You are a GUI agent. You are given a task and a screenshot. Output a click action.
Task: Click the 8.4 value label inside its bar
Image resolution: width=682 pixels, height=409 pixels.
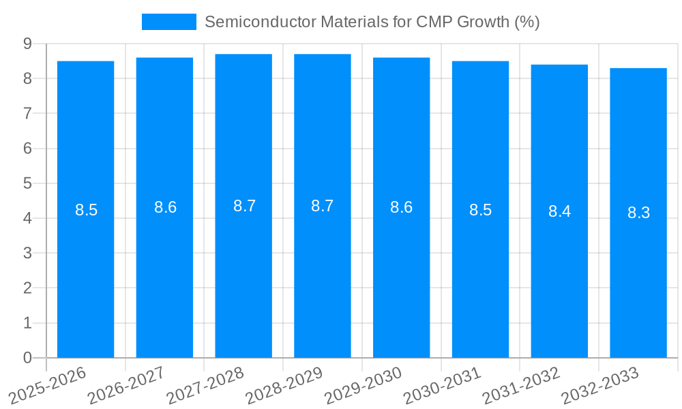point(559,211)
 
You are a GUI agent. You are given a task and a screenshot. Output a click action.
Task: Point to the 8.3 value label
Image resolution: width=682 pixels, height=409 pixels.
point(638,213)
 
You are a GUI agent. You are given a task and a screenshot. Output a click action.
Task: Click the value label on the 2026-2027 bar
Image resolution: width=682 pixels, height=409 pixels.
point(165,207)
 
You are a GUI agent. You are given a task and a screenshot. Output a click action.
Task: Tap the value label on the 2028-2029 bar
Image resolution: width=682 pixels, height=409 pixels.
point(322,206)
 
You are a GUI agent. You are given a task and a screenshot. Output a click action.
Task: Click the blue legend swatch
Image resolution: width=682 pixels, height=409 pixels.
point(168,22)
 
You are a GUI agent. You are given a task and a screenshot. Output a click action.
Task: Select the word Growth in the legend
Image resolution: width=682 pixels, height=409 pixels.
point(483,22)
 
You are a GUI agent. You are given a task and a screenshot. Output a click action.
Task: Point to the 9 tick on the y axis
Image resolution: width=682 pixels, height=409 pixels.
point(27,44)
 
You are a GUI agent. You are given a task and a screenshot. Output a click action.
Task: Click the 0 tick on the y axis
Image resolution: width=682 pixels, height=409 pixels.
point(27,357)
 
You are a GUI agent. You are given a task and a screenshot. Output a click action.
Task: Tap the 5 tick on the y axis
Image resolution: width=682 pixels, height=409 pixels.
point(27,183)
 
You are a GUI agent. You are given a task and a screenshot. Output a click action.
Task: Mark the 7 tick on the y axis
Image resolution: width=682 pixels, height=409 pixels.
point(27,113)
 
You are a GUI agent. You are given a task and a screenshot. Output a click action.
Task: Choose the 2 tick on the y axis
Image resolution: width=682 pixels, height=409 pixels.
point(27,288)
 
